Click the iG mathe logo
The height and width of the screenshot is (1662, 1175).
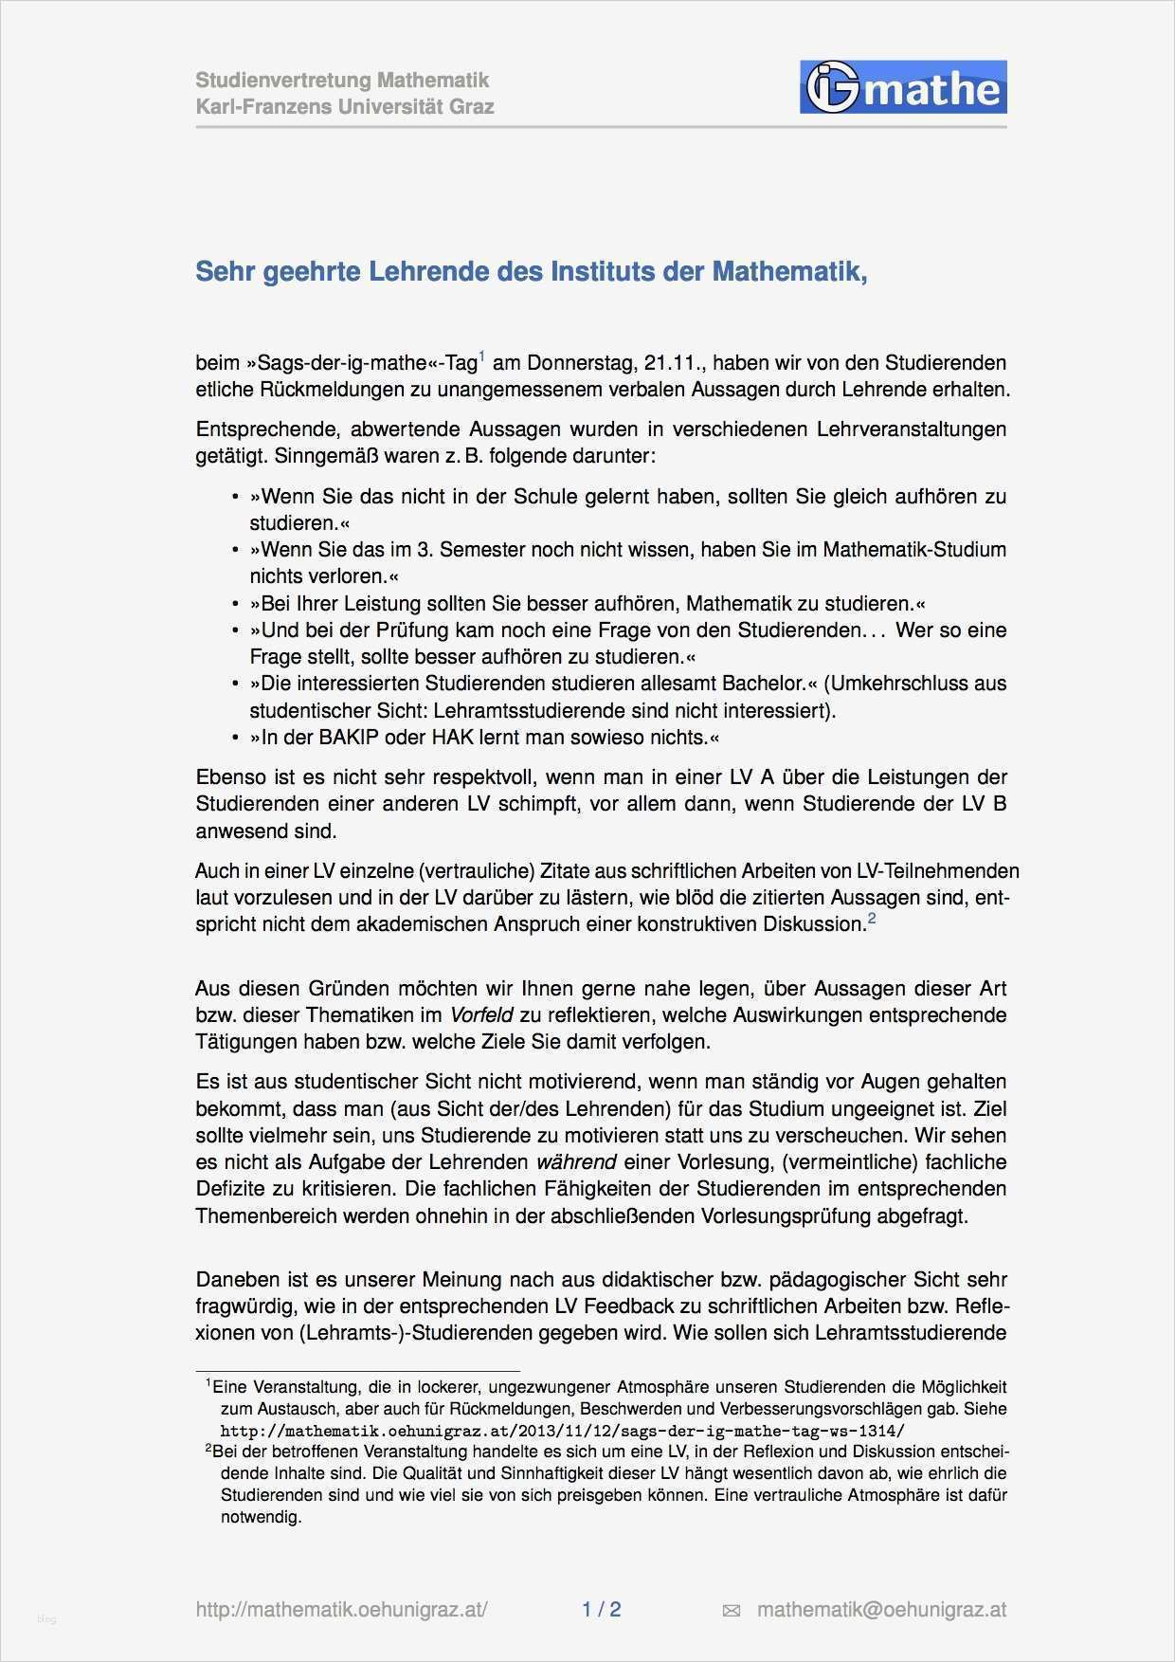tap(903, 88)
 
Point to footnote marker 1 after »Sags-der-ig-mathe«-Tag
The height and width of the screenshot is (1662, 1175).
tap(482, 356)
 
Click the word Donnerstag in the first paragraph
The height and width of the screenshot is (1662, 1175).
tap(579, 363)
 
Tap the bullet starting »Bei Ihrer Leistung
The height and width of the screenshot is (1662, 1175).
tap(587, 603)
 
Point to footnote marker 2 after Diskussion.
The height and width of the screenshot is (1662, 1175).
tap(872, 918)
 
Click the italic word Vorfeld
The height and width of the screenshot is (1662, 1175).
tap(481, 1014)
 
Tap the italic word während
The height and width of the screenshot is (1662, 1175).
tap(576, 1161)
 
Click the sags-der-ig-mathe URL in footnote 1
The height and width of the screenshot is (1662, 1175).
tap(562, 1431)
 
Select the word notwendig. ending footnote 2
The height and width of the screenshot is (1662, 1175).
tap(262, 1516)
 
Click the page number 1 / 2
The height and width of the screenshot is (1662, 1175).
tap(601, 1609)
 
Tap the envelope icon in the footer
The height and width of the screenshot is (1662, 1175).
tap(731, 1610)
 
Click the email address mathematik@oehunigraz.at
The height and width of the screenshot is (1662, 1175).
tap(881, 1609)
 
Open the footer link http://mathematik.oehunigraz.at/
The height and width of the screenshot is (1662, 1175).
tap(341, 1609)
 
